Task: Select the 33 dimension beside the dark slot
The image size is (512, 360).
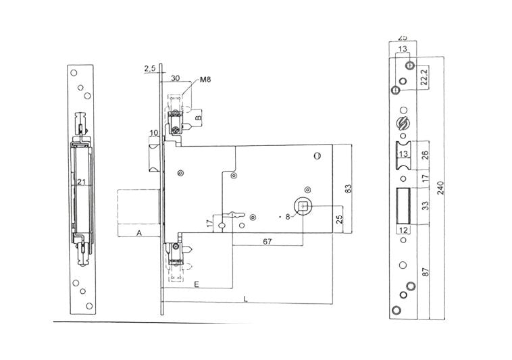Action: (426, 206)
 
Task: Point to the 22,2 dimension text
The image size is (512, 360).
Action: (424, 77)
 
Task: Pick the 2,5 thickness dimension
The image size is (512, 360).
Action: (150, 68)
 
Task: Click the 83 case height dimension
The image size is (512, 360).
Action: (349, 189)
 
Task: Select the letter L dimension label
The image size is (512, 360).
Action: (245, 298)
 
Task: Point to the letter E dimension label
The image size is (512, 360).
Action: (196, 285)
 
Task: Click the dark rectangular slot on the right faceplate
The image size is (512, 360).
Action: (403, 206)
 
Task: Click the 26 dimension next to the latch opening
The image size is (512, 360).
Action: (426, 156)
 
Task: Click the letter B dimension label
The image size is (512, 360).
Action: (197, 118)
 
